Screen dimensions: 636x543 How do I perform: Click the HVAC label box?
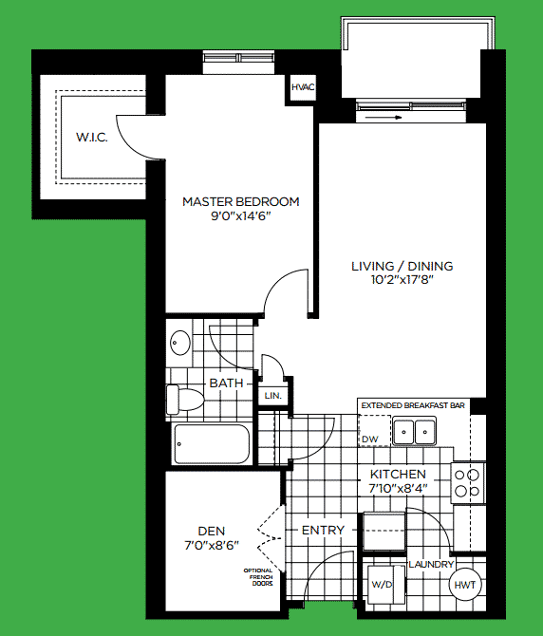click(303, 88)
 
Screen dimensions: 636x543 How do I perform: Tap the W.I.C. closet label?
click(92, 139)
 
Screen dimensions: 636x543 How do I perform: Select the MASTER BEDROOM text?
click(240, 201)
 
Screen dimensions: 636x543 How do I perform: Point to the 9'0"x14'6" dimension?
click(240, 216)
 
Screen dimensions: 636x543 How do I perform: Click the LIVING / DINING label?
click(402, 266)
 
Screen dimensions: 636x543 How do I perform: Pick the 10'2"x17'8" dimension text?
click(402, 281)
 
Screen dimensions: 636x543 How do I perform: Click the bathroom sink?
click(179, 343)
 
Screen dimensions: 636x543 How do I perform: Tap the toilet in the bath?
click(185, 400)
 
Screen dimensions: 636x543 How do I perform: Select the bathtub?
click(211, 443)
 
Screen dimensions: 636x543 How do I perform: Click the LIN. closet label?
click(272, 395)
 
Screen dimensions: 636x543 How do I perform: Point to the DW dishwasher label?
click(369, 440)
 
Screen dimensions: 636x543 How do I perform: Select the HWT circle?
click(465, 586)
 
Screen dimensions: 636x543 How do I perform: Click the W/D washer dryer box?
click(383, 585)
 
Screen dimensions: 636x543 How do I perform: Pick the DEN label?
click(210, 531)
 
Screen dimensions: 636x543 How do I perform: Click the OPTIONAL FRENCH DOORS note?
click(258, 577)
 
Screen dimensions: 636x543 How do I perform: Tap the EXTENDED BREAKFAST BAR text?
click(412, 405)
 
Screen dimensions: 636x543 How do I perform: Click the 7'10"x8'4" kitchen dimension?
click(399, 489)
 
